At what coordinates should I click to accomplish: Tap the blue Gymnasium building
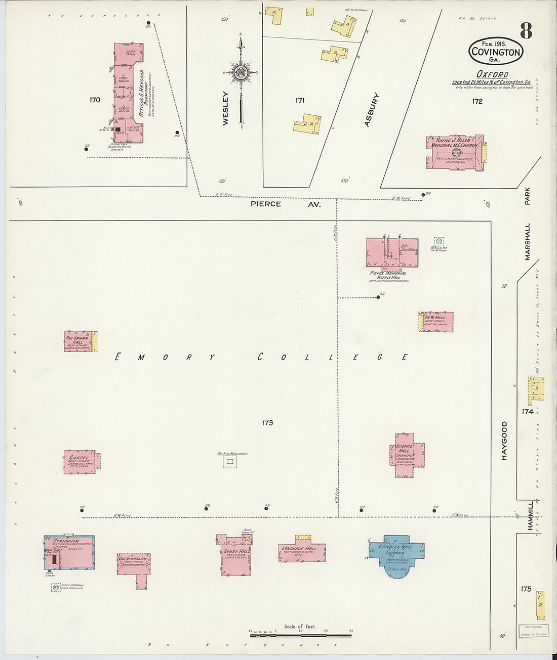(x=68, y=554)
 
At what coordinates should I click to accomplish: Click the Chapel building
(x=80, y=461)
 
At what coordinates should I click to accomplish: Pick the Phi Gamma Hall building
(x=78, y=341)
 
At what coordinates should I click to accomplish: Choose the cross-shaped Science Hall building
(x=407, y=454)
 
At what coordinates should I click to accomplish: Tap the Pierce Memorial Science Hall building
(x=392, y=253)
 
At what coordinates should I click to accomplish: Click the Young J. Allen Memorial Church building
(x=454, y=152)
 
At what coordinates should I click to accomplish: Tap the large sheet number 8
(x=525, y=31)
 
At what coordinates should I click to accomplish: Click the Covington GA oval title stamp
(x=495, y=51)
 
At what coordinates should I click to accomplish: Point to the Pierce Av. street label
(x=286, y=204)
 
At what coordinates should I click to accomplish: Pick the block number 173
(x=267, y=422)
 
